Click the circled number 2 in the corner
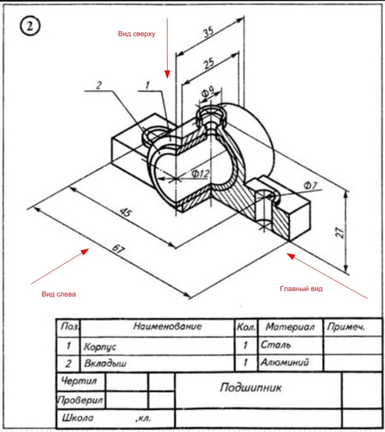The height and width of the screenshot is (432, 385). pyautogui.click(x=30, y=26)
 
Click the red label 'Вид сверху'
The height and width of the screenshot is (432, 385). pyautogui.click(x=137, y=34)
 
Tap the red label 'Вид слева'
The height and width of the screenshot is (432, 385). pyautogui.click(x=59, y=294)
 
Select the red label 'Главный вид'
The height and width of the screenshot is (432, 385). pyautogui.click(x=301, y=289)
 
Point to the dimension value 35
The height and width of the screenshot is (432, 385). pyautogui.click(x=208, y=32)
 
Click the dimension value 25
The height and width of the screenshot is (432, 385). pyautogui.click(x=209, y=63)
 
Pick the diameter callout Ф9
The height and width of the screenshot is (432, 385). pyautogui.click(x=208, y=92)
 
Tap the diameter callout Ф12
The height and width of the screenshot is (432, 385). pyautogui.click(x=201, y=173)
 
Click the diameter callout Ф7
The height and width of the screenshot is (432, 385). pyautogui.click(x=311, y=185)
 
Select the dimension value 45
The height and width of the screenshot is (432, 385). pyautogui.click(x=126, y=212)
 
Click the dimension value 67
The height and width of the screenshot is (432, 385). pyautogui.click(x=119, y=249)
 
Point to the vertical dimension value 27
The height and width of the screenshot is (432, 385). pyautogui.click(x=340, y=232)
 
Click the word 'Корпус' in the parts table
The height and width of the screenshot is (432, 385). pyautogui.click(x=100, y=346)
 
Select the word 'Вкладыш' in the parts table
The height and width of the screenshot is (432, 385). pyautogui.click(x=105, y=363)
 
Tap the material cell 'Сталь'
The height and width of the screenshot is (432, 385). pyautogui.click(x=275, y=345)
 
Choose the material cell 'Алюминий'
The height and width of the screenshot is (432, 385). pyautogui.click(x=284, y=361)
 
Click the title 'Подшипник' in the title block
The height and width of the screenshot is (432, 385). pyautogui.click(x=251, y=388)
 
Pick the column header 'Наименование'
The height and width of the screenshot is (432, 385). pyautogui.click(x=168, y=326)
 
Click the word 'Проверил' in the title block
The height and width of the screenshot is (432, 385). pyautogui.click(x=80, y=400)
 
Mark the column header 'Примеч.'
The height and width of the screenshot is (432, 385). pyautogui.click(x=346, y=327)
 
